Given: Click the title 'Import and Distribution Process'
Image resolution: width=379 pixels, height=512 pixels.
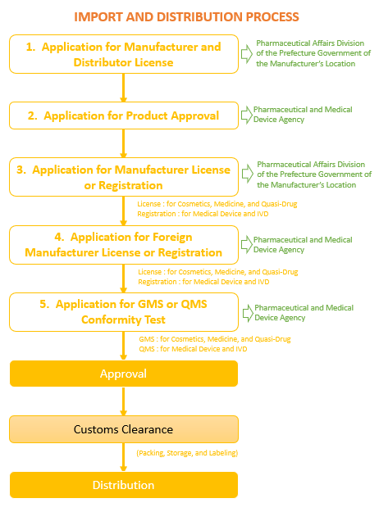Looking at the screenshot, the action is [186, 17].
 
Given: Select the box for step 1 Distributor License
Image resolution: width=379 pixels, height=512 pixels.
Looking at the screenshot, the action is [124, 54].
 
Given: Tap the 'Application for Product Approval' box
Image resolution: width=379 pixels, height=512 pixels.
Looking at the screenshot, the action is [124, 116].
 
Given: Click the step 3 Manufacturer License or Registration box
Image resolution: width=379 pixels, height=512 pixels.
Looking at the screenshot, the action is [124, 177].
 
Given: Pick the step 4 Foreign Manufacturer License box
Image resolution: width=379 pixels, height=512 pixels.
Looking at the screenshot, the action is [124, 245].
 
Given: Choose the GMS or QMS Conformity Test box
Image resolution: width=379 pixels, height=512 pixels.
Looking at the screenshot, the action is [124, 312].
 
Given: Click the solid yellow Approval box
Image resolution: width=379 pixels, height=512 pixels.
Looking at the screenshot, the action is [124, 374].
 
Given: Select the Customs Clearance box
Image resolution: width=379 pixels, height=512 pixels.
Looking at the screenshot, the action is [124, 429].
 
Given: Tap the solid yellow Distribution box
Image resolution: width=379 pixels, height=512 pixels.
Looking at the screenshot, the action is [124, 485].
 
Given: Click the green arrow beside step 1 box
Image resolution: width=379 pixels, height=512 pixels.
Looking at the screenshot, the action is [247, 54].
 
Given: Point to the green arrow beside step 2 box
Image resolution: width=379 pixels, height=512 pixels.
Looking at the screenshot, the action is [246, 115].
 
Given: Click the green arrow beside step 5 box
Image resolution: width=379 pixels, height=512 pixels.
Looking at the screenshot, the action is [248, 314].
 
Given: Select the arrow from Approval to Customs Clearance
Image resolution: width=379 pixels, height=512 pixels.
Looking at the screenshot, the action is [123, 401].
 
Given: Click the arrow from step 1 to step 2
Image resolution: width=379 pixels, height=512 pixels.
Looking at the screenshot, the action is [123, 88].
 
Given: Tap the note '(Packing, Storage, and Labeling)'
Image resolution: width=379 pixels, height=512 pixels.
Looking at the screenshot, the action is [187, 453].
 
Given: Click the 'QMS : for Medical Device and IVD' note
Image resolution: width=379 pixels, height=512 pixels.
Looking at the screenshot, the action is [193, 349].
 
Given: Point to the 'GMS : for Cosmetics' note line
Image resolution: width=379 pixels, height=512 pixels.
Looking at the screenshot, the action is [215, 339].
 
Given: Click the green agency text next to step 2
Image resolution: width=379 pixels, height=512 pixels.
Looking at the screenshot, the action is [303, 115].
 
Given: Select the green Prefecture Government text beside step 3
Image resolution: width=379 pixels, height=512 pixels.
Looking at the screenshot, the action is [314, 174].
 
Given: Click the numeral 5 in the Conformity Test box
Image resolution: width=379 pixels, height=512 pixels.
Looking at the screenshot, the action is [43, 304].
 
